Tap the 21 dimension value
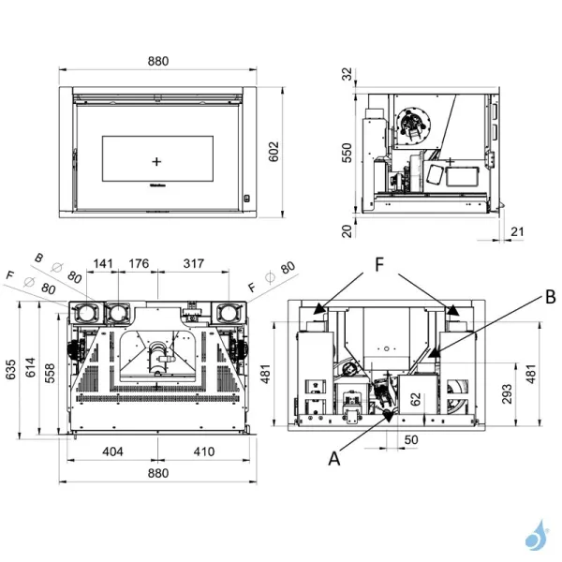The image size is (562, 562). pyautogui.click(x=518, y=230)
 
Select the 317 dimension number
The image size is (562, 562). pyautogui.click(x=194, y=264)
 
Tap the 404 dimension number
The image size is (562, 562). pyautogui.click(x=112, y=451)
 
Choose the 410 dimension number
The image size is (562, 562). pyautogui.click(x=203, y=451)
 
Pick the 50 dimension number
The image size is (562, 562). pyautogui.click(x=410, y=439)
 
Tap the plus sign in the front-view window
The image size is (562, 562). pyautogui.click(x=155, y=161)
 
